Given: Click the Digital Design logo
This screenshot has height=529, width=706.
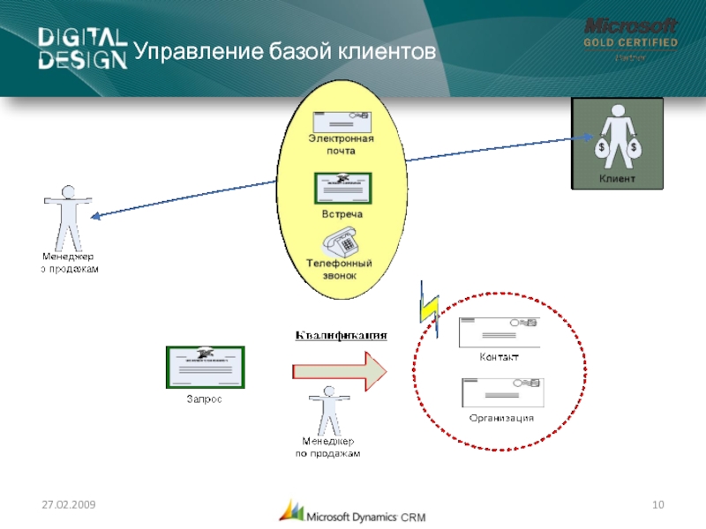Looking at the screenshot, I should pyautogui.click(x=82, y=48).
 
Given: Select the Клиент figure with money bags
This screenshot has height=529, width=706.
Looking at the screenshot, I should pyautogui.click(x=617, y=137).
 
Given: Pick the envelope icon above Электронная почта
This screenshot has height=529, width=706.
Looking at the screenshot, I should pyautogui.click(x=341, y=122).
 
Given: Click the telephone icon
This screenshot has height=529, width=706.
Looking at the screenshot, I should pyautogui.click(x=340, y=240).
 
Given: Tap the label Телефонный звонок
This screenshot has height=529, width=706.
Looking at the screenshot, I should pyautogui.click(x=339, y=269).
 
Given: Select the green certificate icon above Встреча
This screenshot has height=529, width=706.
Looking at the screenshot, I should pyautogui.click(x=342, y=188).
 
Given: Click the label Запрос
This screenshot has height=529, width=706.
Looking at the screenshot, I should pyautogui.click(x=203, y=399).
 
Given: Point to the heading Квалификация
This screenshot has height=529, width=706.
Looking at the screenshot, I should pyautogui.click(x=341, y=335).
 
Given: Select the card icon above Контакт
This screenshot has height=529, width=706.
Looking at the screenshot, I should pyautogui.click(x=499, y=332).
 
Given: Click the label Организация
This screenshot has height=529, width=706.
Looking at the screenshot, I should pyautogui.click(x=501, y=417).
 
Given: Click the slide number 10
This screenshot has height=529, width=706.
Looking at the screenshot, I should pyautogui.click(x=657, y=503).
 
